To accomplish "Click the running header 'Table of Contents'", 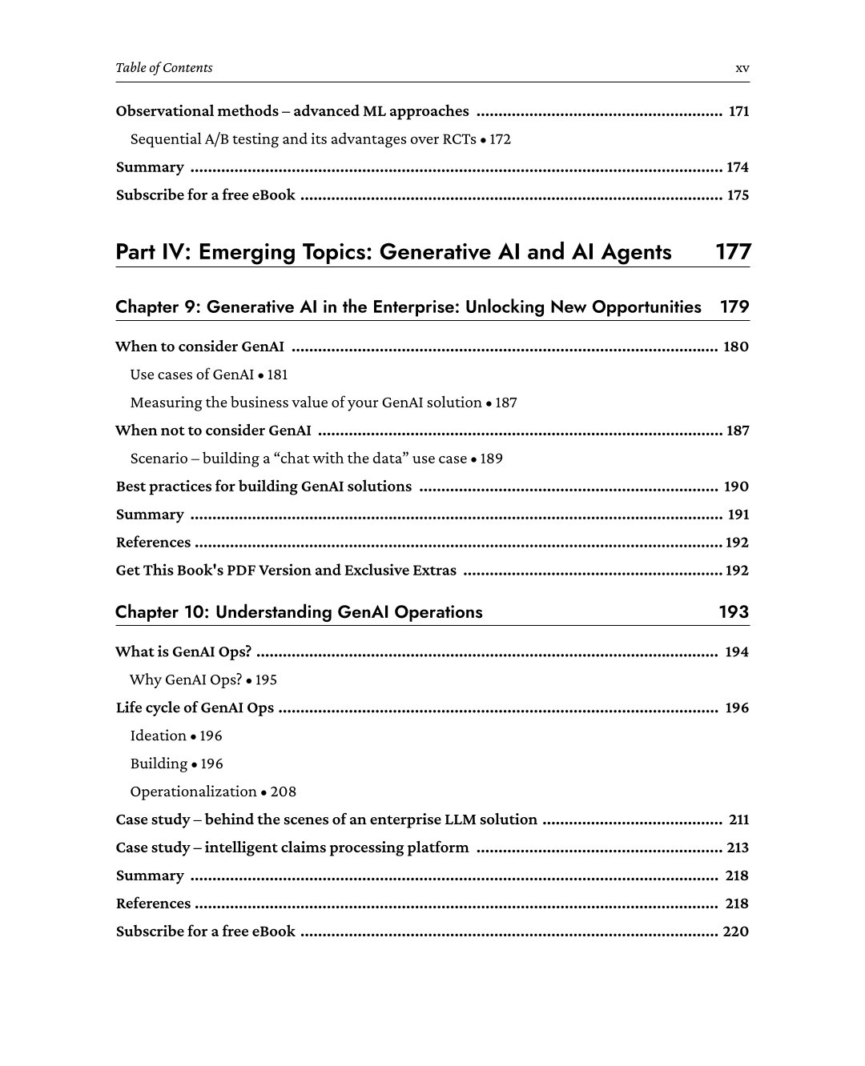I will coord(164,68).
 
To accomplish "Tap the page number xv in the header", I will coord(742,68).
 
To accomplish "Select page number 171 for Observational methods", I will coord(738,111).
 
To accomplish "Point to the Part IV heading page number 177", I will coord(733,252).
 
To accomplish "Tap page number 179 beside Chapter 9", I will coord(734,307).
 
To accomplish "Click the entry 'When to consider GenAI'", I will coord(199,347).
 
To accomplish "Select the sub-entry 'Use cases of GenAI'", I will coord(191,375).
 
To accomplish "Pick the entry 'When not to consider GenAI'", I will coord(213,431).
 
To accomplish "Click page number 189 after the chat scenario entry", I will coord(492,459).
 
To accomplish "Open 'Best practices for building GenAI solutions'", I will coord(264,487).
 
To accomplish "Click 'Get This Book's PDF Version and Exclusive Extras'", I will coord(286,571).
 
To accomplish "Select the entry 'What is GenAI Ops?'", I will coord(183,652).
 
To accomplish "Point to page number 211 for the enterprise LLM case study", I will coord(738,820).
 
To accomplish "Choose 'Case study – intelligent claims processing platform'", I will coord(292,848).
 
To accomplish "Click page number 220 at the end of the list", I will coord(735,932).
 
